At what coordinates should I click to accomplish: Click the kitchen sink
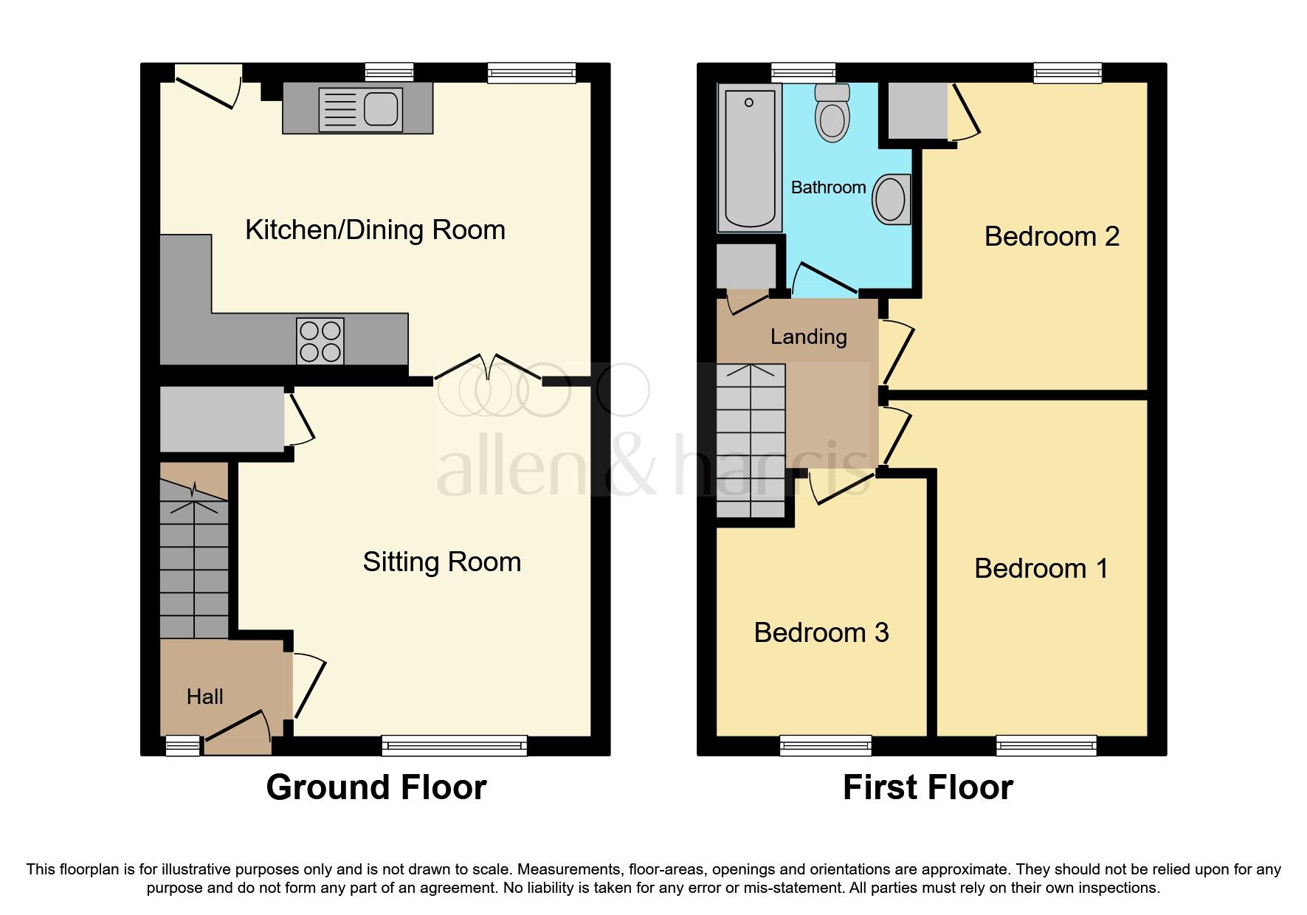[x=361, y=110]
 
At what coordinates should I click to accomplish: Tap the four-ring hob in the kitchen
[x=320, y=341]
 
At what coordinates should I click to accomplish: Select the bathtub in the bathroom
[x=750, y=157]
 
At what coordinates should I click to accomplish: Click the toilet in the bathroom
[x=832, y=113]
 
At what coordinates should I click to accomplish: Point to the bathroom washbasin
[x=891, y=199]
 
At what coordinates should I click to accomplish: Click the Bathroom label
[x=828, y=187]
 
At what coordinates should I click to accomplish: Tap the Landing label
[x=808, y=337]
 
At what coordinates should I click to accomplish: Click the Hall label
[x=204, y=697]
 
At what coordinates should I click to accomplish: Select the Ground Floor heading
[x=376, y=787]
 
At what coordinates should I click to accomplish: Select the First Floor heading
[x=927, y=787]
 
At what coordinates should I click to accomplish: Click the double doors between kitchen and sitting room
[x=488, y=368]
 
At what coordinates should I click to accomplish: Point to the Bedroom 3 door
[x=841, y=488]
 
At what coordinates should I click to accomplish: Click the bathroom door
[x=824, y=278]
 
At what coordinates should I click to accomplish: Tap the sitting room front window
[x=454, y=745]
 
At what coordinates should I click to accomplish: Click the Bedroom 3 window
[x=825, y=745]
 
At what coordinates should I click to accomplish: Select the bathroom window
[x=803, y=72]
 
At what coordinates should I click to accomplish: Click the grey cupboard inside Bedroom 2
[x=917, y=111]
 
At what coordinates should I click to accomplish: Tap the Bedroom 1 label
[x=1041, y=569]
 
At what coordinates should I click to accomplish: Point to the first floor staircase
[x=751, y=441]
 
